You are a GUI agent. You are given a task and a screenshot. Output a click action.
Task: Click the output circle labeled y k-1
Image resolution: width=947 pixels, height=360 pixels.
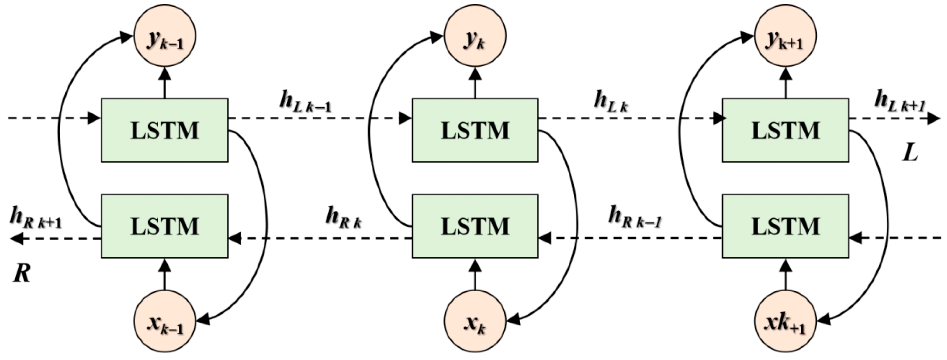click(x=165, y=36)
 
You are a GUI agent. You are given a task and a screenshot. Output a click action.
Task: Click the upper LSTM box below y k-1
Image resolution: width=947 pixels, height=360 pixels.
click(x=165, y=130)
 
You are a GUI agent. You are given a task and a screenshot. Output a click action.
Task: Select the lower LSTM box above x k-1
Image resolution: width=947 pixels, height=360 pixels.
click(x=165, y=226)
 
